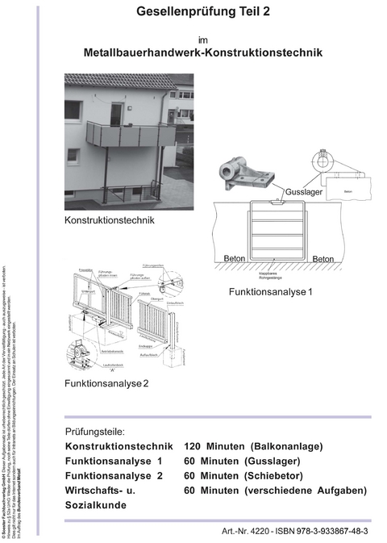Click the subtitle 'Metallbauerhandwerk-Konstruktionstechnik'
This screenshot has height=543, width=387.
coord(203,52)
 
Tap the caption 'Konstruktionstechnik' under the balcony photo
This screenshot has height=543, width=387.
coord(109,219)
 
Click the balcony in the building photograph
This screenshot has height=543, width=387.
coord(129,136)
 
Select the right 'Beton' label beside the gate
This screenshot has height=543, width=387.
coord(322,259)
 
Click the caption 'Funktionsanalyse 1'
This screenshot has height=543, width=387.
coord(270,291)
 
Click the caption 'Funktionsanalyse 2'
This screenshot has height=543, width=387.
coord(106,382)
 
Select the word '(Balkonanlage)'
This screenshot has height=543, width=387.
coord(286,446)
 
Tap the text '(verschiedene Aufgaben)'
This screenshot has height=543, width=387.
coord(308,490)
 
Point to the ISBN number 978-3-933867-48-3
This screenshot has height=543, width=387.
coord(329,532)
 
